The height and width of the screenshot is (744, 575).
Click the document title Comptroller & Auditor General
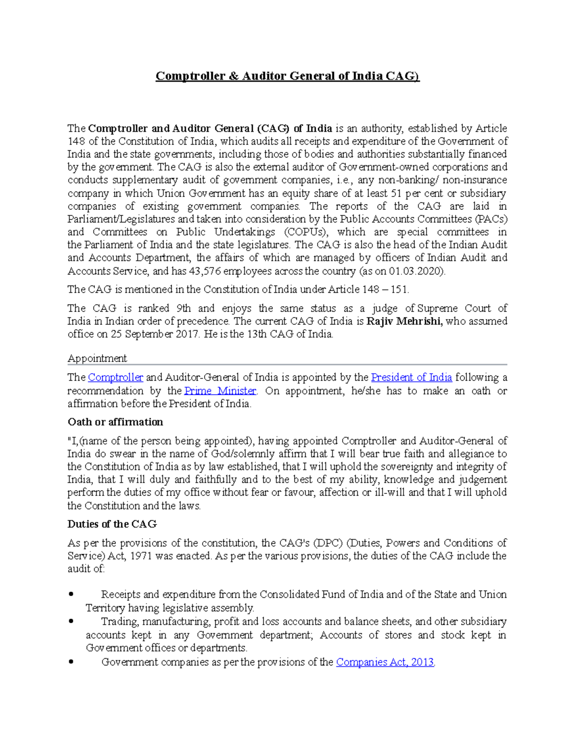tap(287, 76)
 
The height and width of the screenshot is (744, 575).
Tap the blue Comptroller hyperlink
tap(115, 378)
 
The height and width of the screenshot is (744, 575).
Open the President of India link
tap(411, 378)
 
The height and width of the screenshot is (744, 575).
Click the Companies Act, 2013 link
tap(385, 662)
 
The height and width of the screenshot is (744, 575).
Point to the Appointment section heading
tap(97, 358)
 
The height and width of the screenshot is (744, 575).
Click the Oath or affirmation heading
tap(115, 422)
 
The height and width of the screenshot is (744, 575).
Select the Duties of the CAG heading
tap(112, 524)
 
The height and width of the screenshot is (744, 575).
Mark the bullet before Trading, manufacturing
tap(71, 621)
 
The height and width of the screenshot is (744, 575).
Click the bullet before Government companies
tap(71, 662)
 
